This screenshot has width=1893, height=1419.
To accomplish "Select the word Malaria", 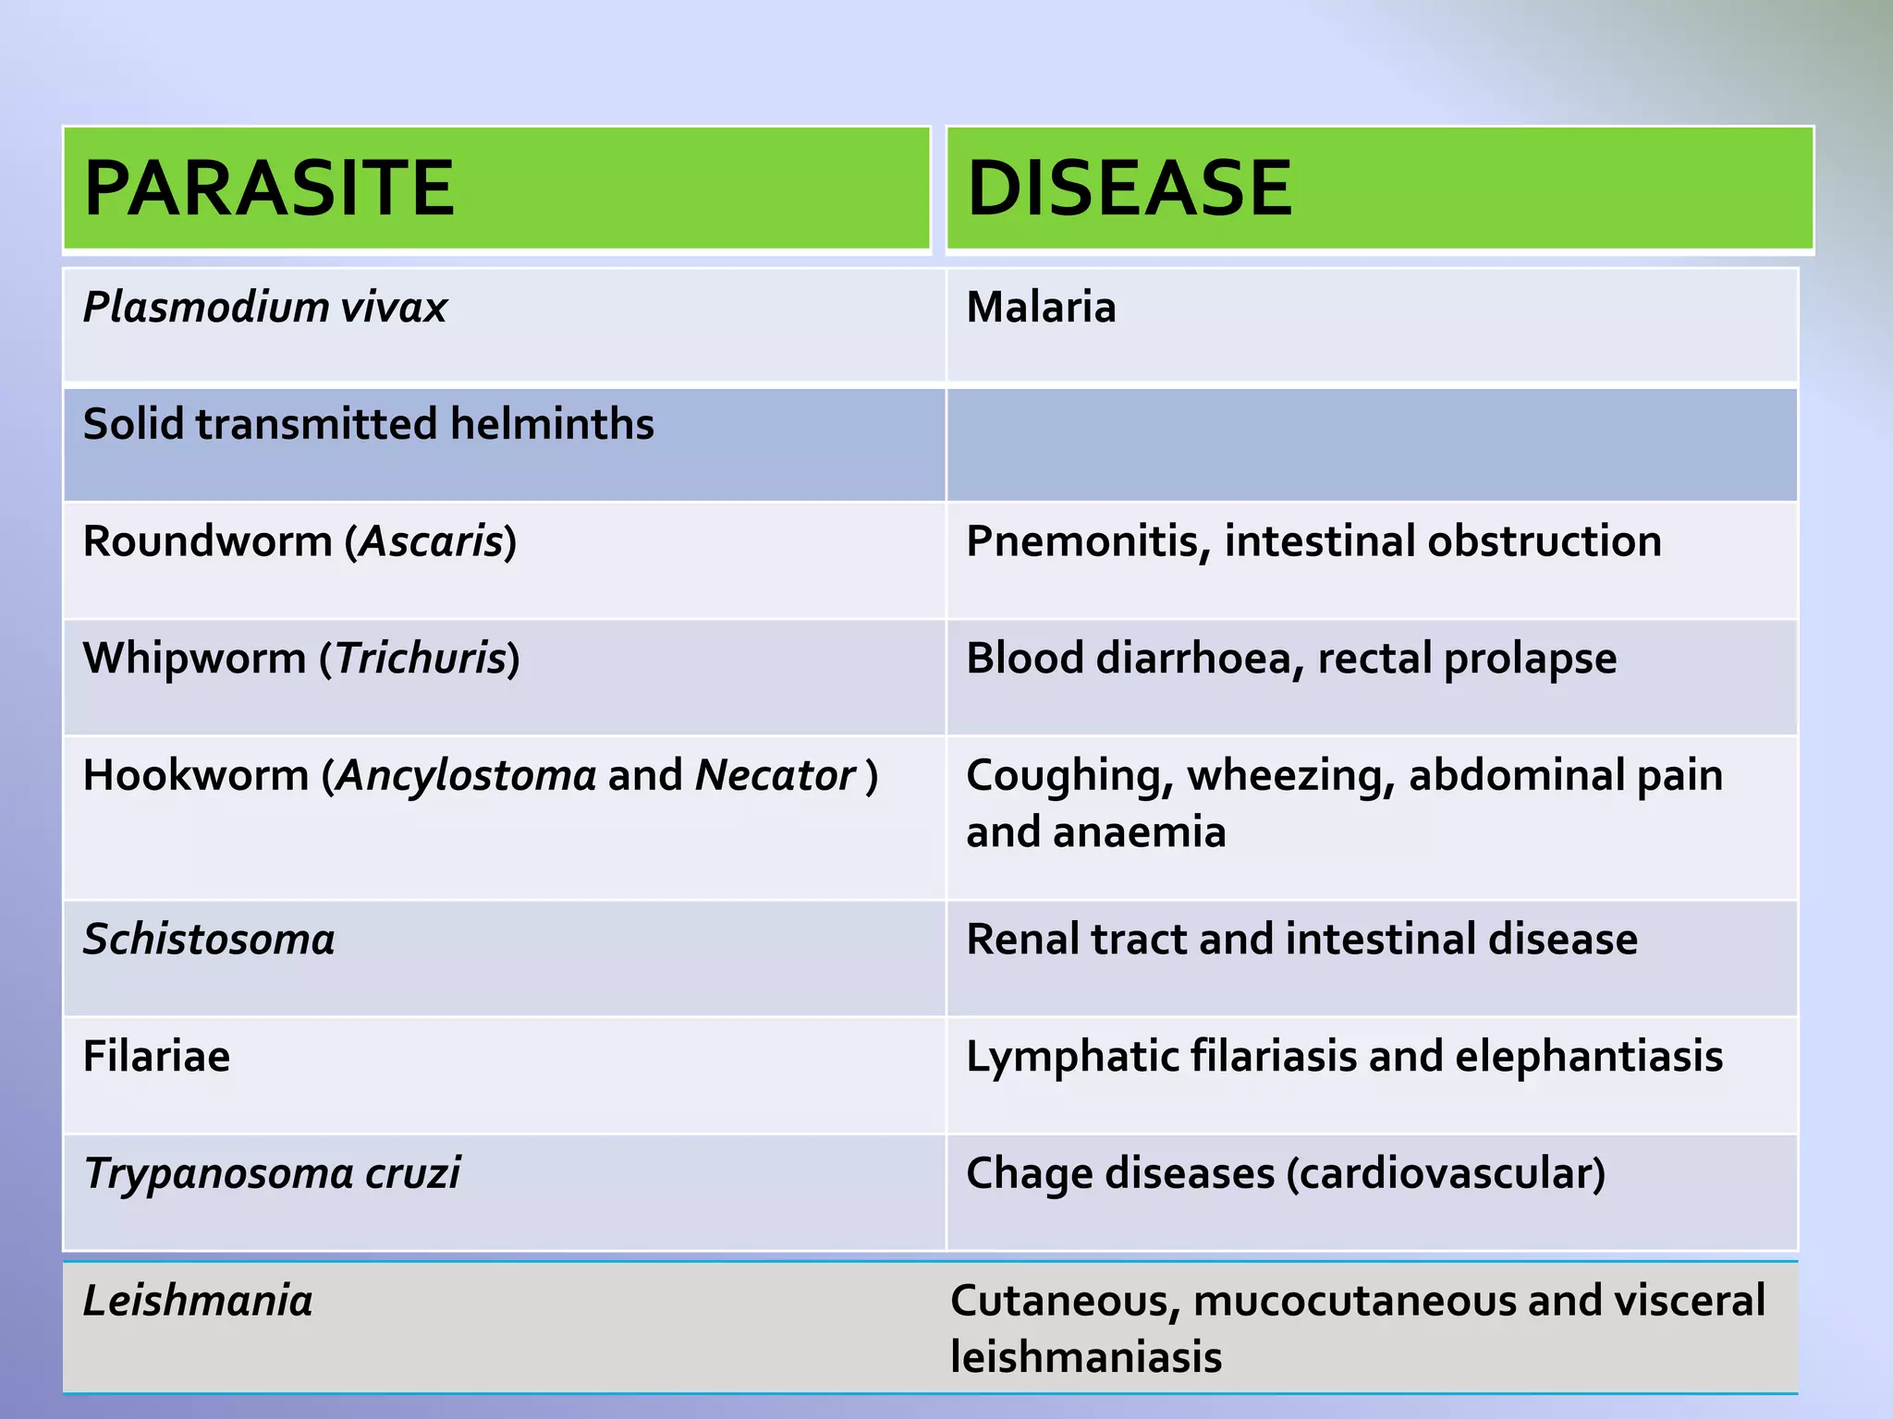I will pos(1041,308).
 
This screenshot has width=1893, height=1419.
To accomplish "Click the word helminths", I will pos(552,424).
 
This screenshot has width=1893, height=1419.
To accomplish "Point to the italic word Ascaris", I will pos(431,541).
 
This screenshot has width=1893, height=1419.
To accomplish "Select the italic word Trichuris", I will pos(421,659).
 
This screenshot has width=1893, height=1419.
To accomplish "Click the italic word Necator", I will pos(775,776).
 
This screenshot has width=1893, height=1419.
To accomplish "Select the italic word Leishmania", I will pos(198,1301).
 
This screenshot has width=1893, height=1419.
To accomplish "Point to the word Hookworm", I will pos(195,776).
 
